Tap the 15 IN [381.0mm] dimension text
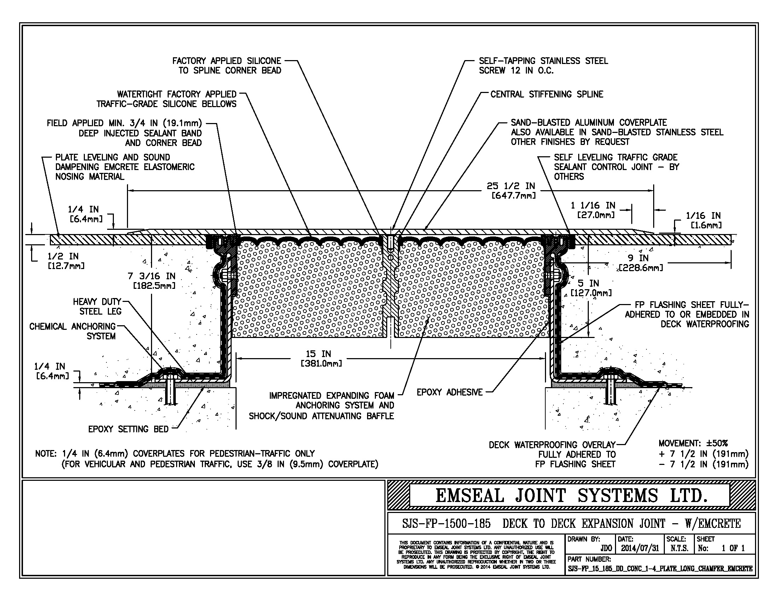tap(321, 358)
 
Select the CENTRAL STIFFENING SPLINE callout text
tap(546, 94)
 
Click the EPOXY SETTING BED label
tap(128, 429)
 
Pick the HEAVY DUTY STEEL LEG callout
tap(97, 307)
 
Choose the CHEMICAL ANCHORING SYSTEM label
tap(72, 331)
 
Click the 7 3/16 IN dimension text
tap(152, 281)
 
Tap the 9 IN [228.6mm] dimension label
tap(640, 263)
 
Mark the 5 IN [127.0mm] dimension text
tap(592, 288)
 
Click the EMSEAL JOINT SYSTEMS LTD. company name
tap(571, 496)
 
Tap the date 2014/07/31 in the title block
tap(640, 548)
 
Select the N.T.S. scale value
tap(679, 548)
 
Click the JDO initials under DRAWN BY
tap(606, 548)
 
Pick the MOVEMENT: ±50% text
tap(693, 443)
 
